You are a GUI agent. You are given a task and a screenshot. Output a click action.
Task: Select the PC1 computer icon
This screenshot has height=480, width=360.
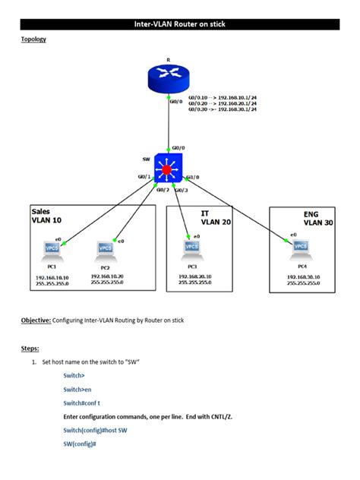tap(52, 250)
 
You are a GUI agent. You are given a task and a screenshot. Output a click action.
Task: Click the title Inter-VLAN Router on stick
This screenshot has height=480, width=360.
tap(179, 24)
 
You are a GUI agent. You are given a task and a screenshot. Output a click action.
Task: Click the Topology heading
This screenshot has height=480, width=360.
tap(33, 39)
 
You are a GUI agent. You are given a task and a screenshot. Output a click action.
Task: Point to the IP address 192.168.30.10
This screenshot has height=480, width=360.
tap(303, 277)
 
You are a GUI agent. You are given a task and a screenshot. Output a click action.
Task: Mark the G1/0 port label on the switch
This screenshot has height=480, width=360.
tap(191, 177)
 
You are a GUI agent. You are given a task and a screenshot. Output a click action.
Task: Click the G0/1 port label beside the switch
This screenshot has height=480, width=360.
tap(144, 177)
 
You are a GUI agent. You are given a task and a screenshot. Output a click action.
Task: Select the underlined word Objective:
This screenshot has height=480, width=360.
tap(36, 321)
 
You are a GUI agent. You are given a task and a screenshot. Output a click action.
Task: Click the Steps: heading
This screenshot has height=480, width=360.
tap(30, 349)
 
